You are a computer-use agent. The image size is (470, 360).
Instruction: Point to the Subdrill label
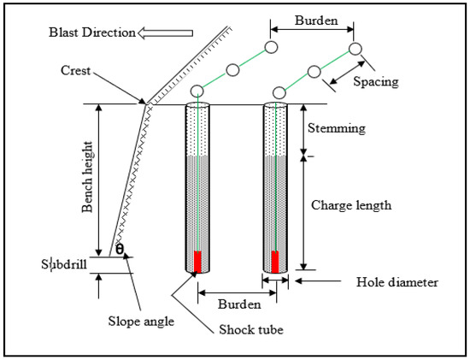click(68, 263)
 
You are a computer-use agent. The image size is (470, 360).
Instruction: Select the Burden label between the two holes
click(238, 303)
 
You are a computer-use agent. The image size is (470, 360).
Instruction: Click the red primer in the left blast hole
click(197, 261)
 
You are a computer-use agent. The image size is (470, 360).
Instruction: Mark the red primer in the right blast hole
click(275, 261)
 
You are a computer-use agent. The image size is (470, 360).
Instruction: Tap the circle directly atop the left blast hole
click(197, 91)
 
